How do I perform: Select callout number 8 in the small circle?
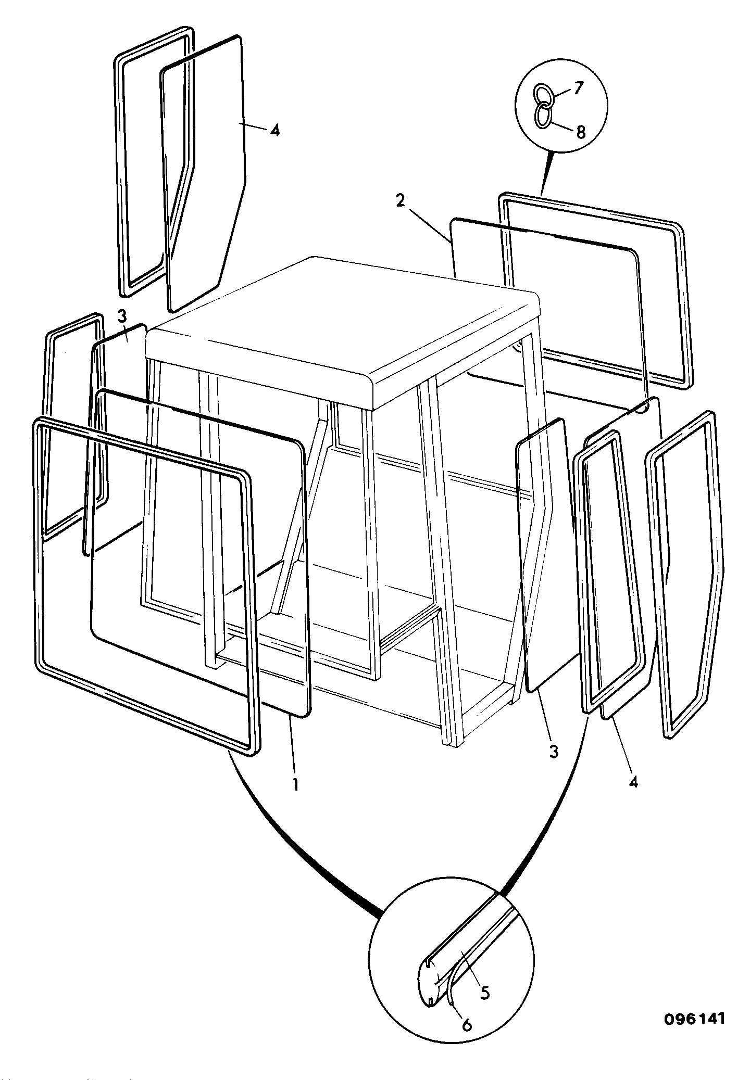click(580, 132)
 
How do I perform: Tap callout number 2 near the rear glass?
click(400, 201)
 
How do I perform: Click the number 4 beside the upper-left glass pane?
click(274, 130)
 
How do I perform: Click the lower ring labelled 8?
click(543, 115)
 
